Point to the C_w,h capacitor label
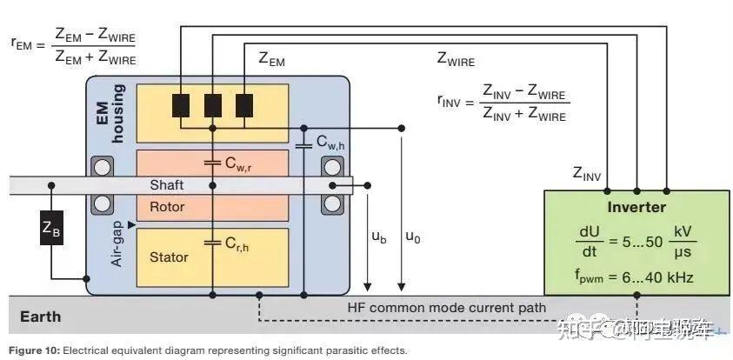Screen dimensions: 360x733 pos(332,142)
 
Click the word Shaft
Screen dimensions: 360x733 pos(167,185)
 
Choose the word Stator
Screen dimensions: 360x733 pos(168,257)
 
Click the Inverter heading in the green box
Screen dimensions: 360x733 pos(636,207)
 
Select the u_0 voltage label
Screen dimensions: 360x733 pos(412,237)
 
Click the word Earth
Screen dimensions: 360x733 pos(41,316)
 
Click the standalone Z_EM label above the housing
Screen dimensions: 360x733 pos(271,59)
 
